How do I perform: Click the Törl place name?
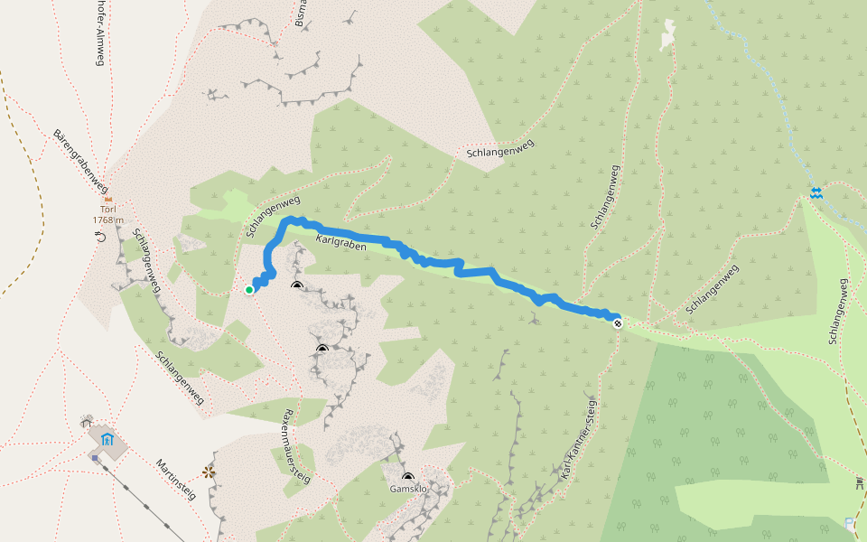108,210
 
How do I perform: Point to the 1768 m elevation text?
107,220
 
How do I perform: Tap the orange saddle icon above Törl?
108,200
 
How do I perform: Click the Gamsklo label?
407,489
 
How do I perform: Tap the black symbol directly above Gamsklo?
407,477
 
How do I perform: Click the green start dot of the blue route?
249,289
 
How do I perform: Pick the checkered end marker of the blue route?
618,322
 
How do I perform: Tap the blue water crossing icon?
816,192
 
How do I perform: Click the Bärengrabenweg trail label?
80,159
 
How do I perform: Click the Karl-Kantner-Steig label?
577,437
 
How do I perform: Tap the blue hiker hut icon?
107,440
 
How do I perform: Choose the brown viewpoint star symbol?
210,472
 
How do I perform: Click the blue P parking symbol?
849,522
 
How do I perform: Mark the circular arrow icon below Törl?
100,237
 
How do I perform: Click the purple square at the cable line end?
95,457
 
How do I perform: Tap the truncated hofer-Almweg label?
99,33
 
